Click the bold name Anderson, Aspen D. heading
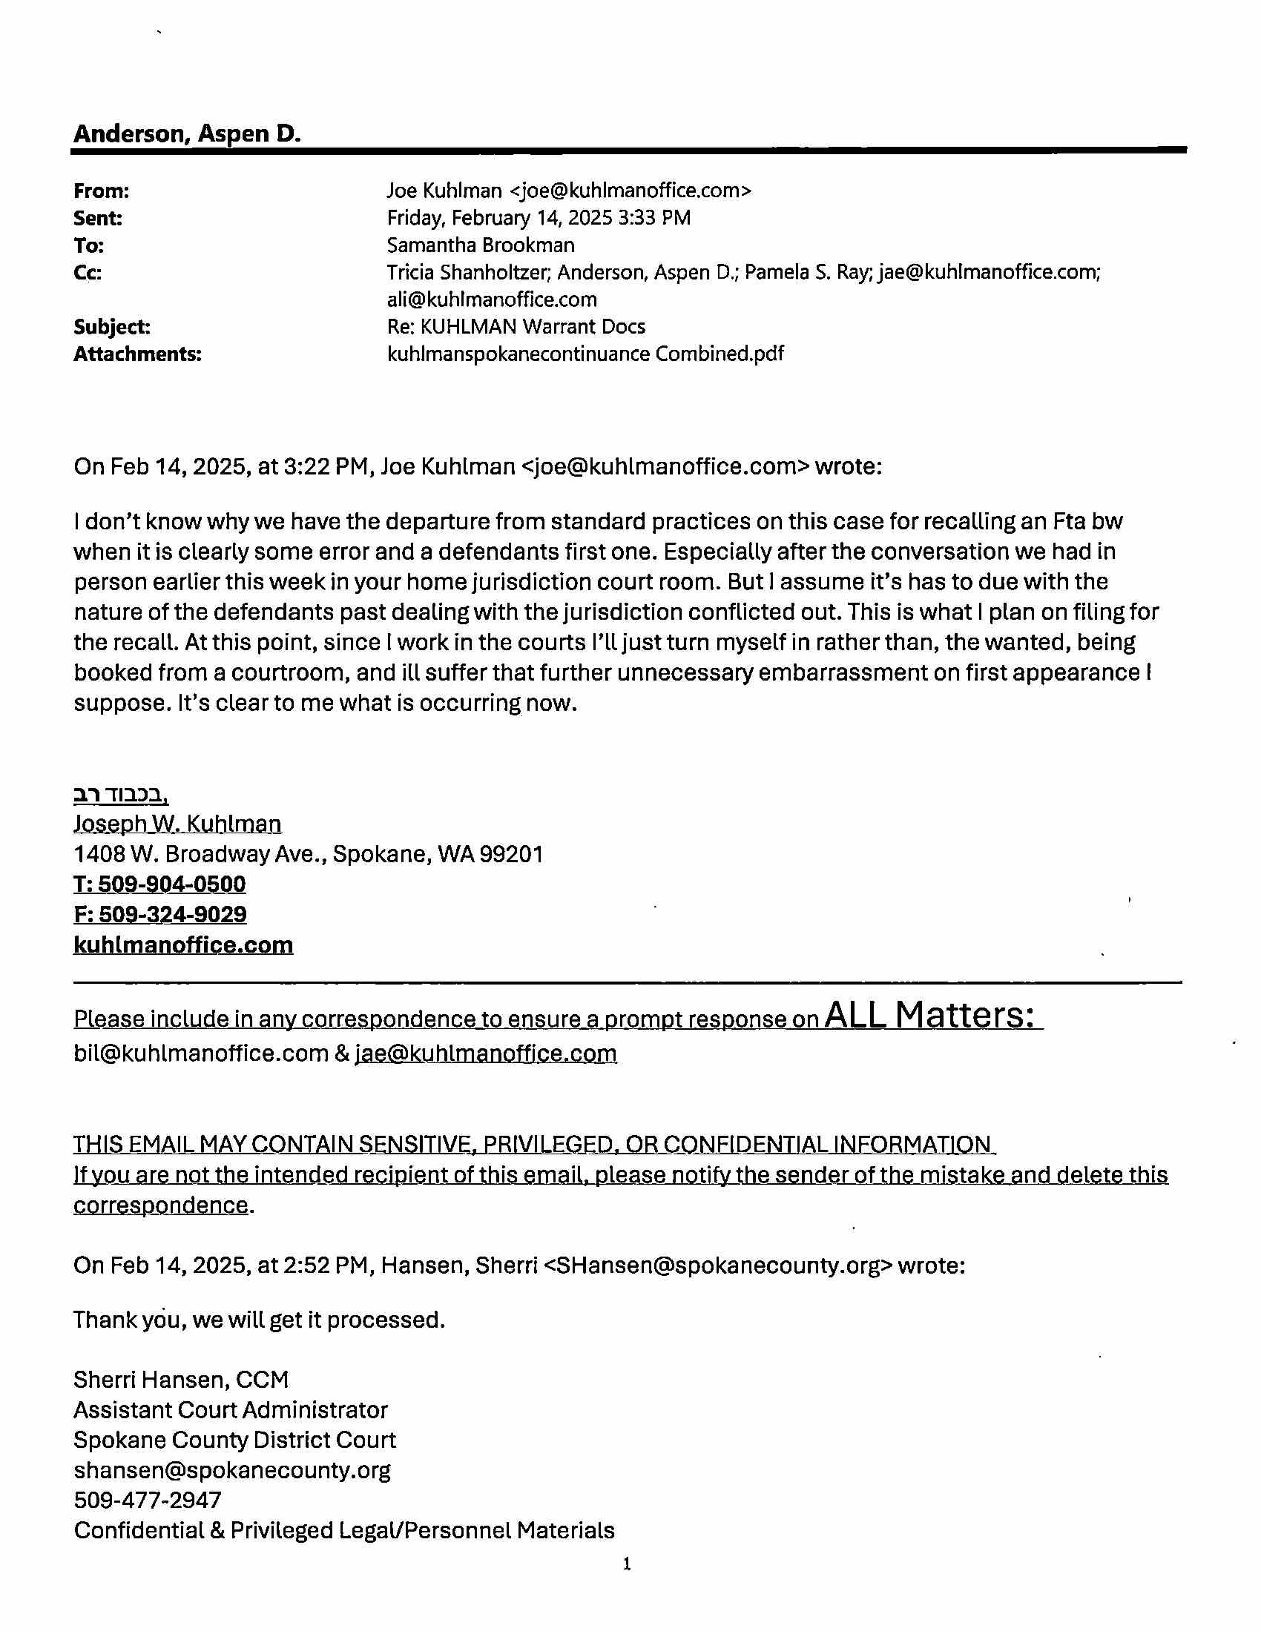tap(187, 133)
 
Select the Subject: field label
tap(111, 327)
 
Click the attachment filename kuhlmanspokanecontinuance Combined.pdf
tap(585, 354)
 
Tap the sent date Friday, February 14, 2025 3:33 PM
tap(538, 218)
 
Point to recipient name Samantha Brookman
tap(481, 245)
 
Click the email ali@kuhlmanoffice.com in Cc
tap(492, 300)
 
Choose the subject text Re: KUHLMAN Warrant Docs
tap(516, 327)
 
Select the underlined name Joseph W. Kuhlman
tap(177, 824)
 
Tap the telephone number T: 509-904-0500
tap(159, 884)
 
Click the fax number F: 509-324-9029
tap(160, 915)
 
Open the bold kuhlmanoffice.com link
tap(183, 945)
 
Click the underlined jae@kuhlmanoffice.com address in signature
tap(486, 1053)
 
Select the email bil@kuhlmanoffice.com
tap(201, 1053)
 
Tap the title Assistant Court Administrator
tap(230, 1410)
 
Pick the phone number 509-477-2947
tap(147, 1501)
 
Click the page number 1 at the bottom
tap(627, 1564)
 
